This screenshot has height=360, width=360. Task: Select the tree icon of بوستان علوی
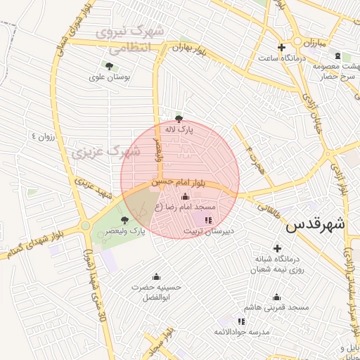pos(108,65)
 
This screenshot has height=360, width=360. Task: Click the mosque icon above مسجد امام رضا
pos(186,196)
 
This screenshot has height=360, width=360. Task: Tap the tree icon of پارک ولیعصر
pos(125,220)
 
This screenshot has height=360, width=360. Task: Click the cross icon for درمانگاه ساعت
pos(281,48)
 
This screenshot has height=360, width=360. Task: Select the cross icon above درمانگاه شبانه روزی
pos(278,248)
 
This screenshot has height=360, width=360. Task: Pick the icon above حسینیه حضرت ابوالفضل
pos(156,276)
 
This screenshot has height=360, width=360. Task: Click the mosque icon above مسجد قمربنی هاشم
pos(276,297)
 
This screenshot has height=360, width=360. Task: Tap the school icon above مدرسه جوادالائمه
pos(242,321)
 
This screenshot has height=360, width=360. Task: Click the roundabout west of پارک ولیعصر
pos(85,226)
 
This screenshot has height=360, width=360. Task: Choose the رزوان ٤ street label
pos(41,134)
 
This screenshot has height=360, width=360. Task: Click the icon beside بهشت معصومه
pos(337,56)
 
